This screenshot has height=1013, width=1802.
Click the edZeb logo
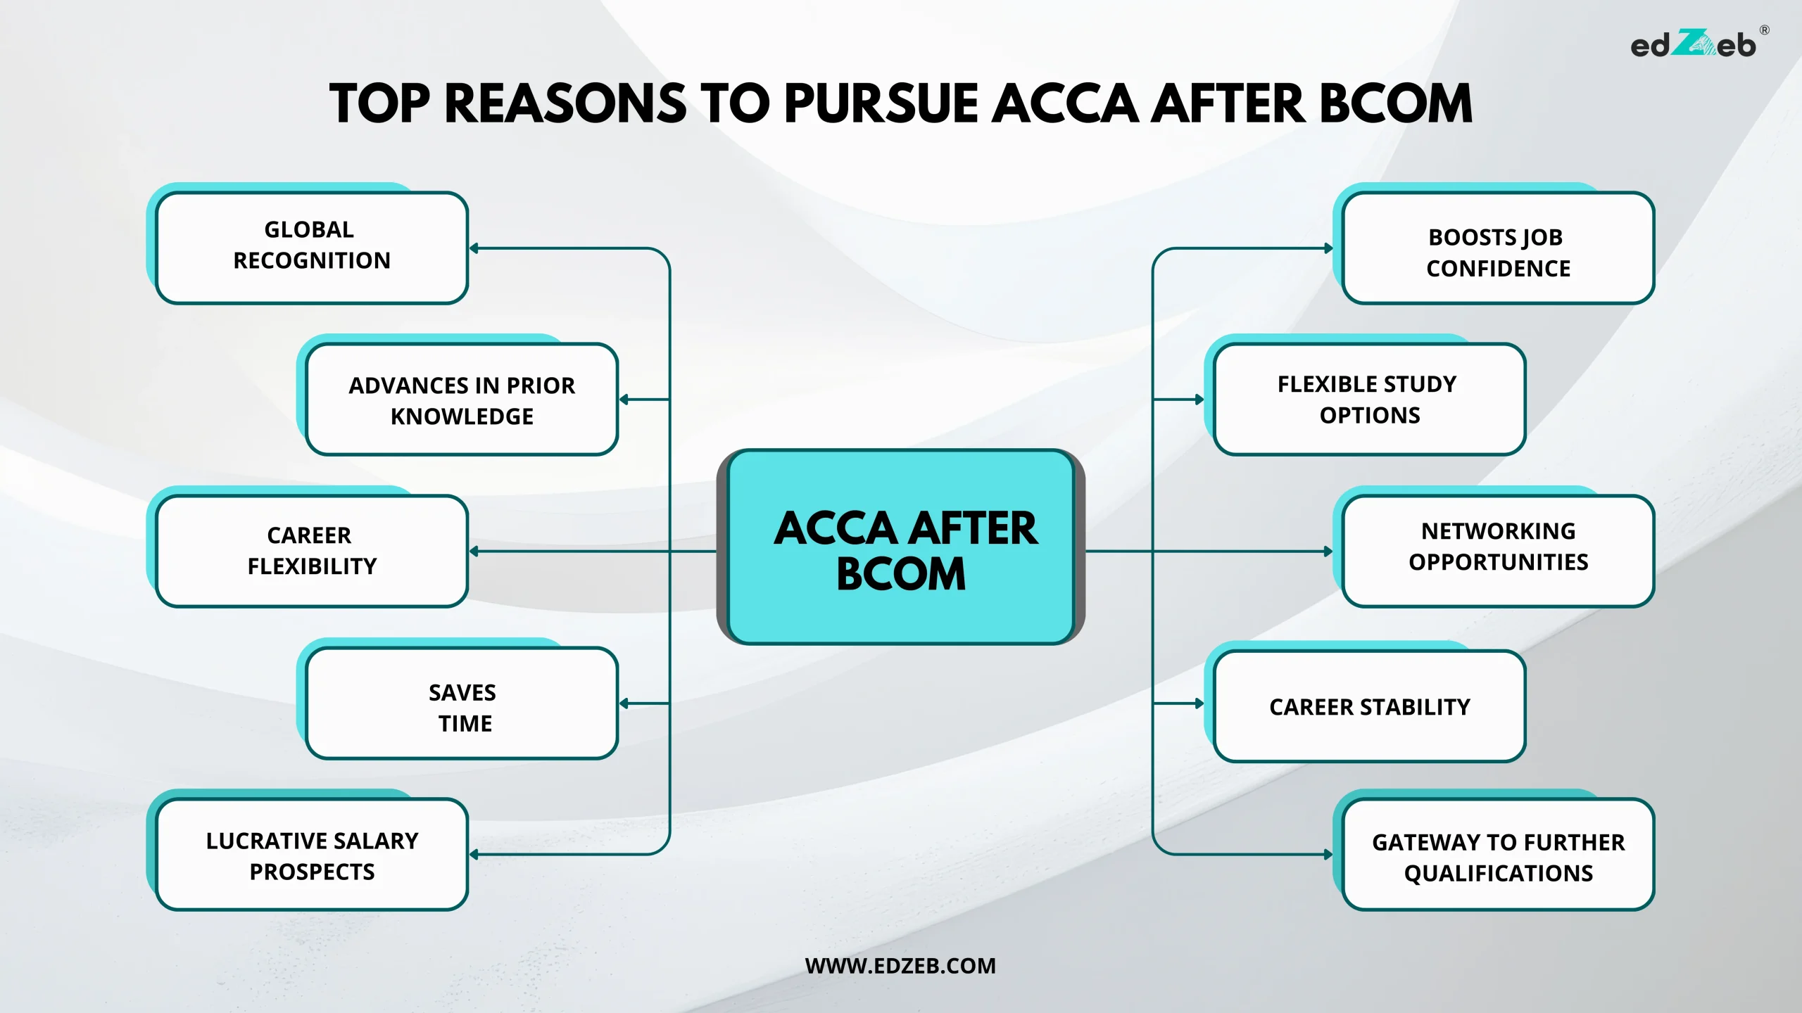click(x=1693, y=45)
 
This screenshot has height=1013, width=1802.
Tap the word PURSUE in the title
click(x=881, y=104)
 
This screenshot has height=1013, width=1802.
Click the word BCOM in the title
click(x=1395, y=104)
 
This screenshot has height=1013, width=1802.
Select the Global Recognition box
click(x=312, y=246)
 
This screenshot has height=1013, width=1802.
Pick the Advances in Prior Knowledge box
click(x=462, y=400)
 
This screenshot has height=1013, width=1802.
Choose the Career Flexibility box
click(x=312, y=551)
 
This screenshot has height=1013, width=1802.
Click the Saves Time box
click(x=462, y=703)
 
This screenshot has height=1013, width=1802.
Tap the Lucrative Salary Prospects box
click(x=312, y=855)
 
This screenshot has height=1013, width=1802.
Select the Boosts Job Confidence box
click(x=1498, y=248)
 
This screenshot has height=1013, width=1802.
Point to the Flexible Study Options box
click(x=1369, y=400)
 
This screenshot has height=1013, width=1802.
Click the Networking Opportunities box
click(x=1498, y=551)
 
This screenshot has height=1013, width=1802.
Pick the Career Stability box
click(x=1369, y=706)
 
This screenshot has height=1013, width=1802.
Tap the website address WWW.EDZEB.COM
click(x=900, y=966)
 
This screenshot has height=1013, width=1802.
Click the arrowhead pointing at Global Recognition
click(x=474, y=248)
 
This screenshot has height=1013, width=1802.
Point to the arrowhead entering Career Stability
click(x=1199, y=703)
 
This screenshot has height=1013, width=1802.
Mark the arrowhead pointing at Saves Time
click(x=624, y=703)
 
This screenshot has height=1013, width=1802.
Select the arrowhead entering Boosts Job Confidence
click(x=1328, y=248)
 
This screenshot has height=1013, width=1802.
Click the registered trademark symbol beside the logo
click(x=1764, y=30)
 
